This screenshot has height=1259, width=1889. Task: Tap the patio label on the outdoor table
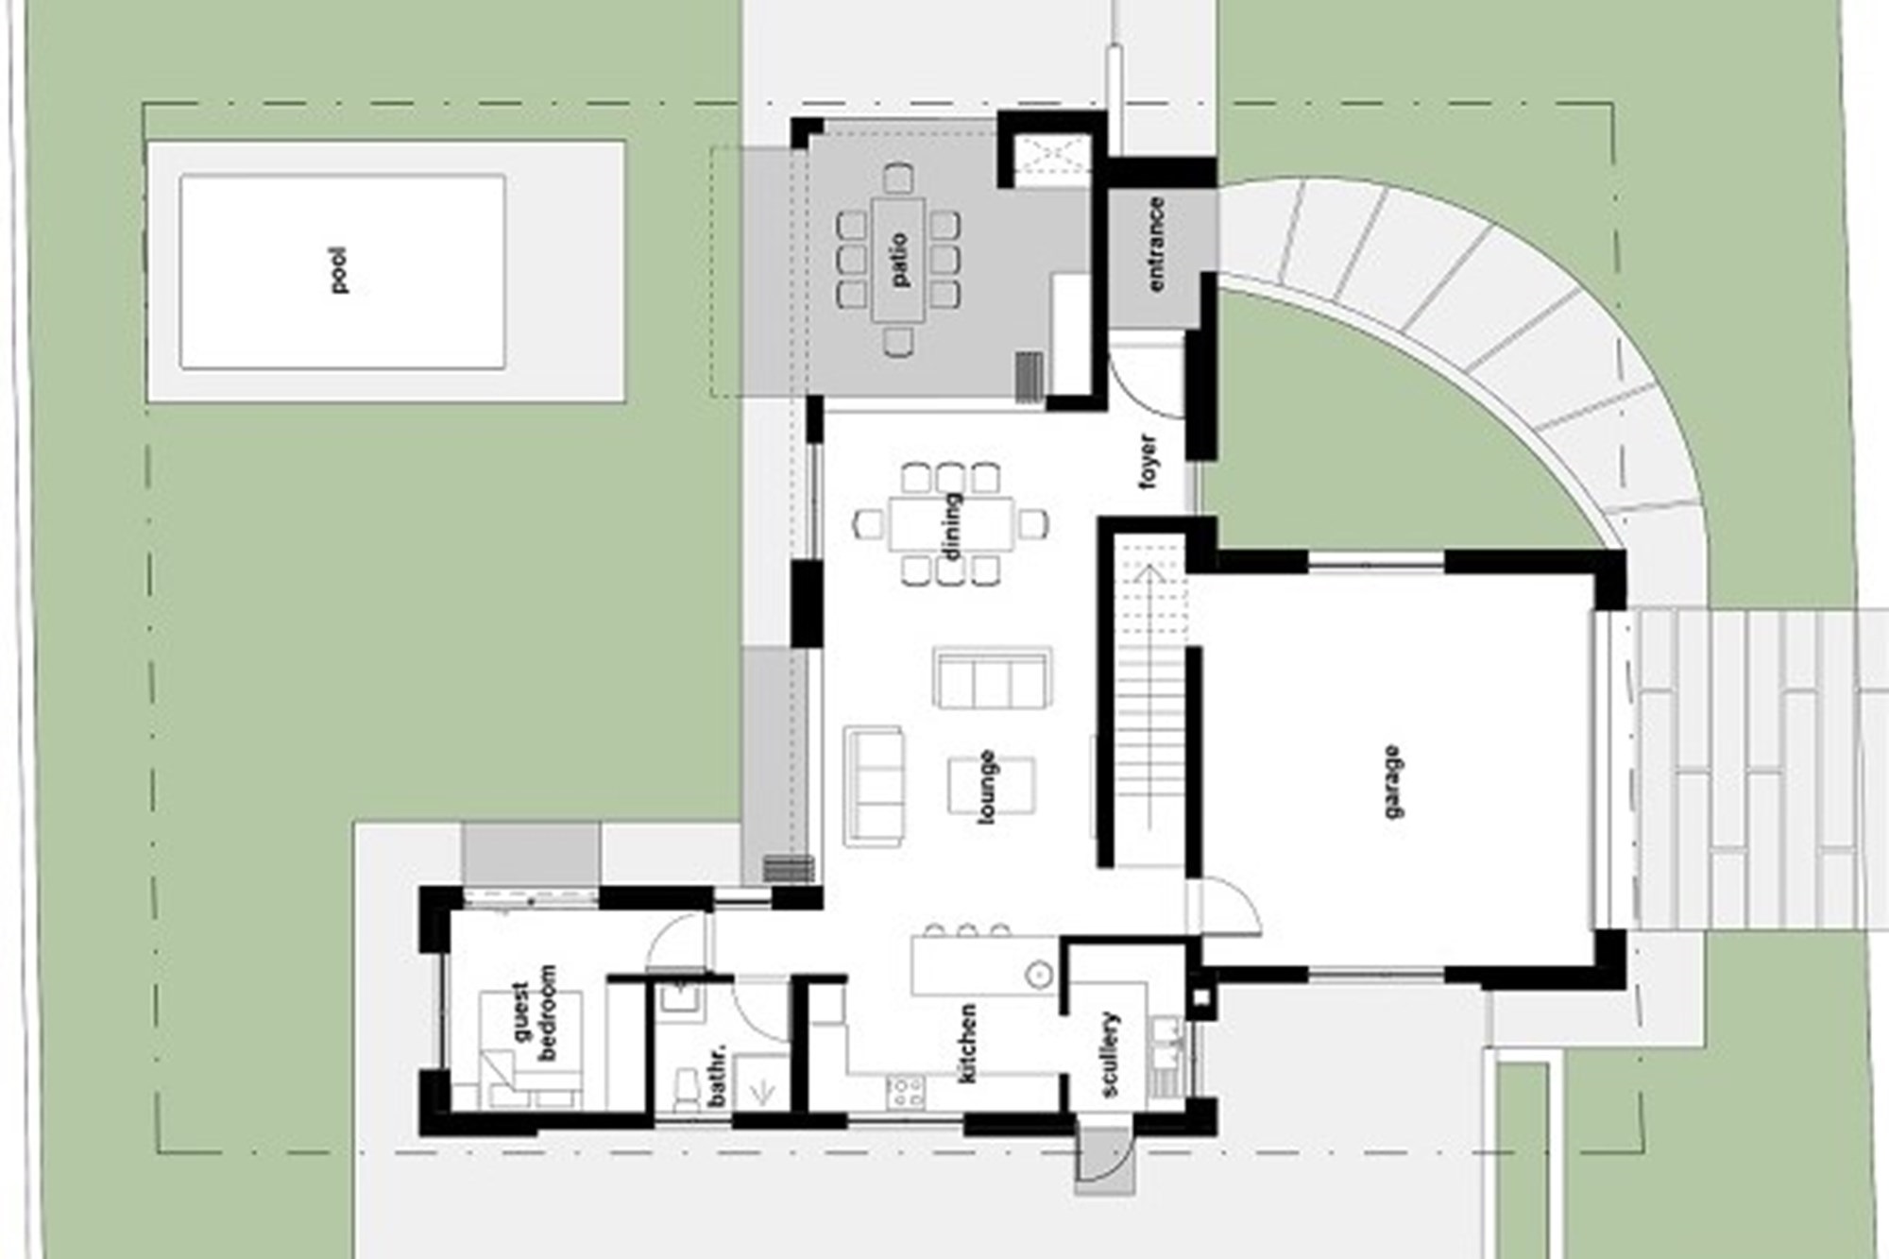pos(898,261)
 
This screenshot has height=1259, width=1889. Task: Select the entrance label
pos(1155,244)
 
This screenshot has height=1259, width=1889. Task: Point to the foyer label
pos(1149,461)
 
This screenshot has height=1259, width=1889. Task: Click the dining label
pos(951,526)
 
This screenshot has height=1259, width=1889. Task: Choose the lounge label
pos(988,787)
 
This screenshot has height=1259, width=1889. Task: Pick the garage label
pos(1392,782)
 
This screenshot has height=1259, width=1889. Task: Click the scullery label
pos(1111,1054)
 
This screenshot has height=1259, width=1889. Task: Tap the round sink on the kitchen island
pos(1040,974)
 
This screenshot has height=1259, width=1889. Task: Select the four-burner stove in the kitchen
pos(905,1092)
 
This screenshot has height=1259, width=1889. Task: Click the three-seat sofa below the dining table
pos(992,676)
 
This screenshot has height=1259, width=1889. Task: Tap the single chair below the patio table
pos(898,341)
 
